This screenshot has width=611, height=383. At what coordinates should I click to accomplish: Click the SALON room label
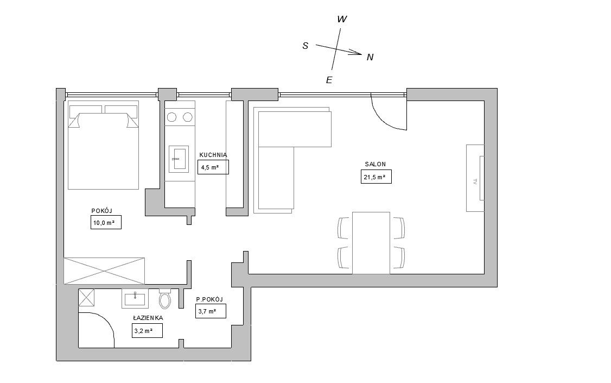click(375, 164)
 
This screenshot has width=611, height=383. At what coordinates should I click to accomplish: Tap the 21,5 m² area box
click(376, 177)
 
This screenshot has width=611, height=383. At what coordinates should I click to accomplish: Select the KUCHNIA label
click(213, 155)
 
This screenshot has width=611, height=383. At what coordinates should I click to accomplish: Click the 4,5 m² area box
click(213, 167)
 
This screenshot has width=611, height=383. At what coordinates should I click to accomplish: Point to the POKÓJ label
click(101, 211)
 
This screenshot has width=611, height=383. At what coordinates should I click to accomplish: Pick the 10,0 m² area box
click(106, 222)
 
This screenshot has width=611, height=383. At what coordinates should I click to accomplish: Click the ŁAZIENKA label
click(148, 318)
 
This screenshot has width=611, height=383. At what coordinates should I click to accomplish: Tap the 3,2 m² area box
click(147, 331)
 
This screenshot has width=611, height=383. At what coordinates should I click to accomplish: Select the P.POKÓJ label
click(209, 299)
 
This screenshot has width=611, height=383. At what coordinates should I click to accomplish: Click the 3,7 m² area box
click(211, 311)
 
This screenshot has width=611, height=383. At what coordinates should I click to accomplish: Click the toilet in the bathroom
click(165, 298)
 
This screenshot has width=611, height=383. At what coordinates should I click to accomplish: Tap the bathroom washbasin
click(135, 299)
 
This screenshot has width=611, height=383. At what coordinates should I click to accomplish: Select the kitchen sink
click(179, 159)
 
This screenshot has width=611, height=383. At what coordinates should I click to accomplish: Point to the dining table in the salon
click(371, 243)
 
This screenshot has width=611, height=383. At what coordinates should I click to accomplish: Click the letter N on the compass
click(370, 58)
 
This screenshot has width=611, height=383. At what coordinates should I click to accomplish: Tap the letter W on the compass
click(342, 19)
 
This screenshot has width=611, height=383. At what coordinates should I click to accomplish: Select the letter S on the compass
click(305, 46)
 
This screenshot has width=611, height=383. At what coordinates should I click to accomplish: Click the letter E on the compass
click(329, 80)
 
